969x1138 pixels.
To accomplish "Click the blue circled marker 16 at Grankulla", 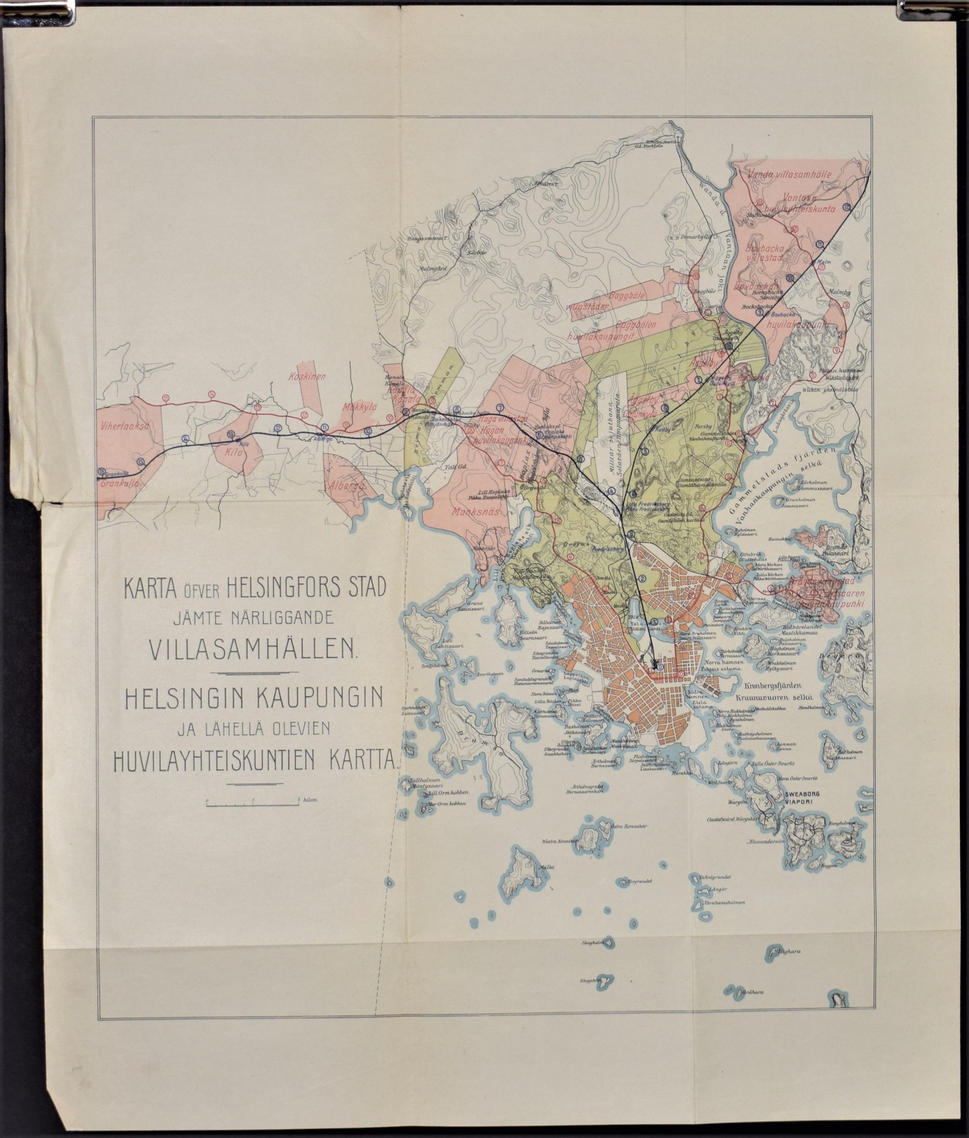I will pos(102,471).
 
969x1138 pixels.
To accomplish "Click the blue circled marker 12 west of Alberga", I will pos(278,429).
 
